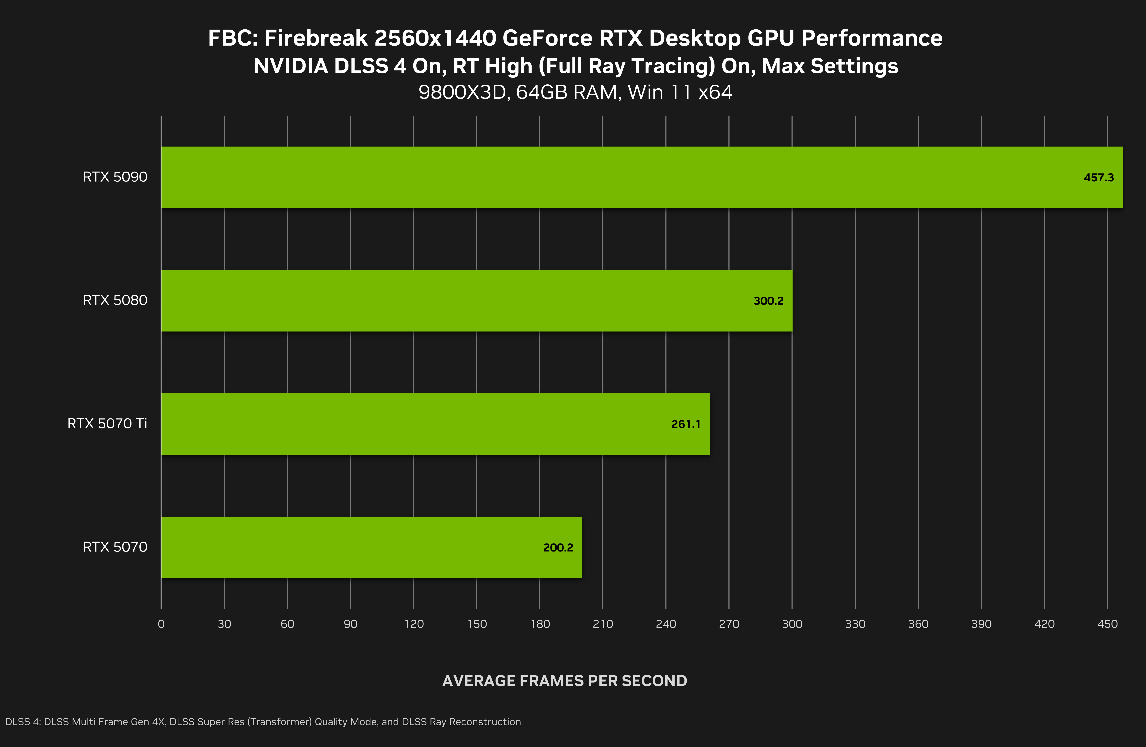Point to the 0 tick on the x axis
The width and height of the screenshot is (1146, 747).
161,624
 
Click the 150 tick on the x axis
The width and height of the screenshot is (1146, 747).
477,624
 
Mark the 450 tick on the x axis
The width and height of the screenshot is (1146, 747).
1107,624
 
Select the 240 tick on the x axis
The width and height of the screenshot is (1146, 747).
666,624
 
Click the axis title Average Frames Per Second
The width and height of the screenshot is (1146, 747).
564,680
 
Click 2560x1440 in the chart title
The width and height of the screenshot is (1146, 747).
435,38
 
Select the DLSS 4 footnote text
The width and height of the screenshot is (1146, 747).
263,722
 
